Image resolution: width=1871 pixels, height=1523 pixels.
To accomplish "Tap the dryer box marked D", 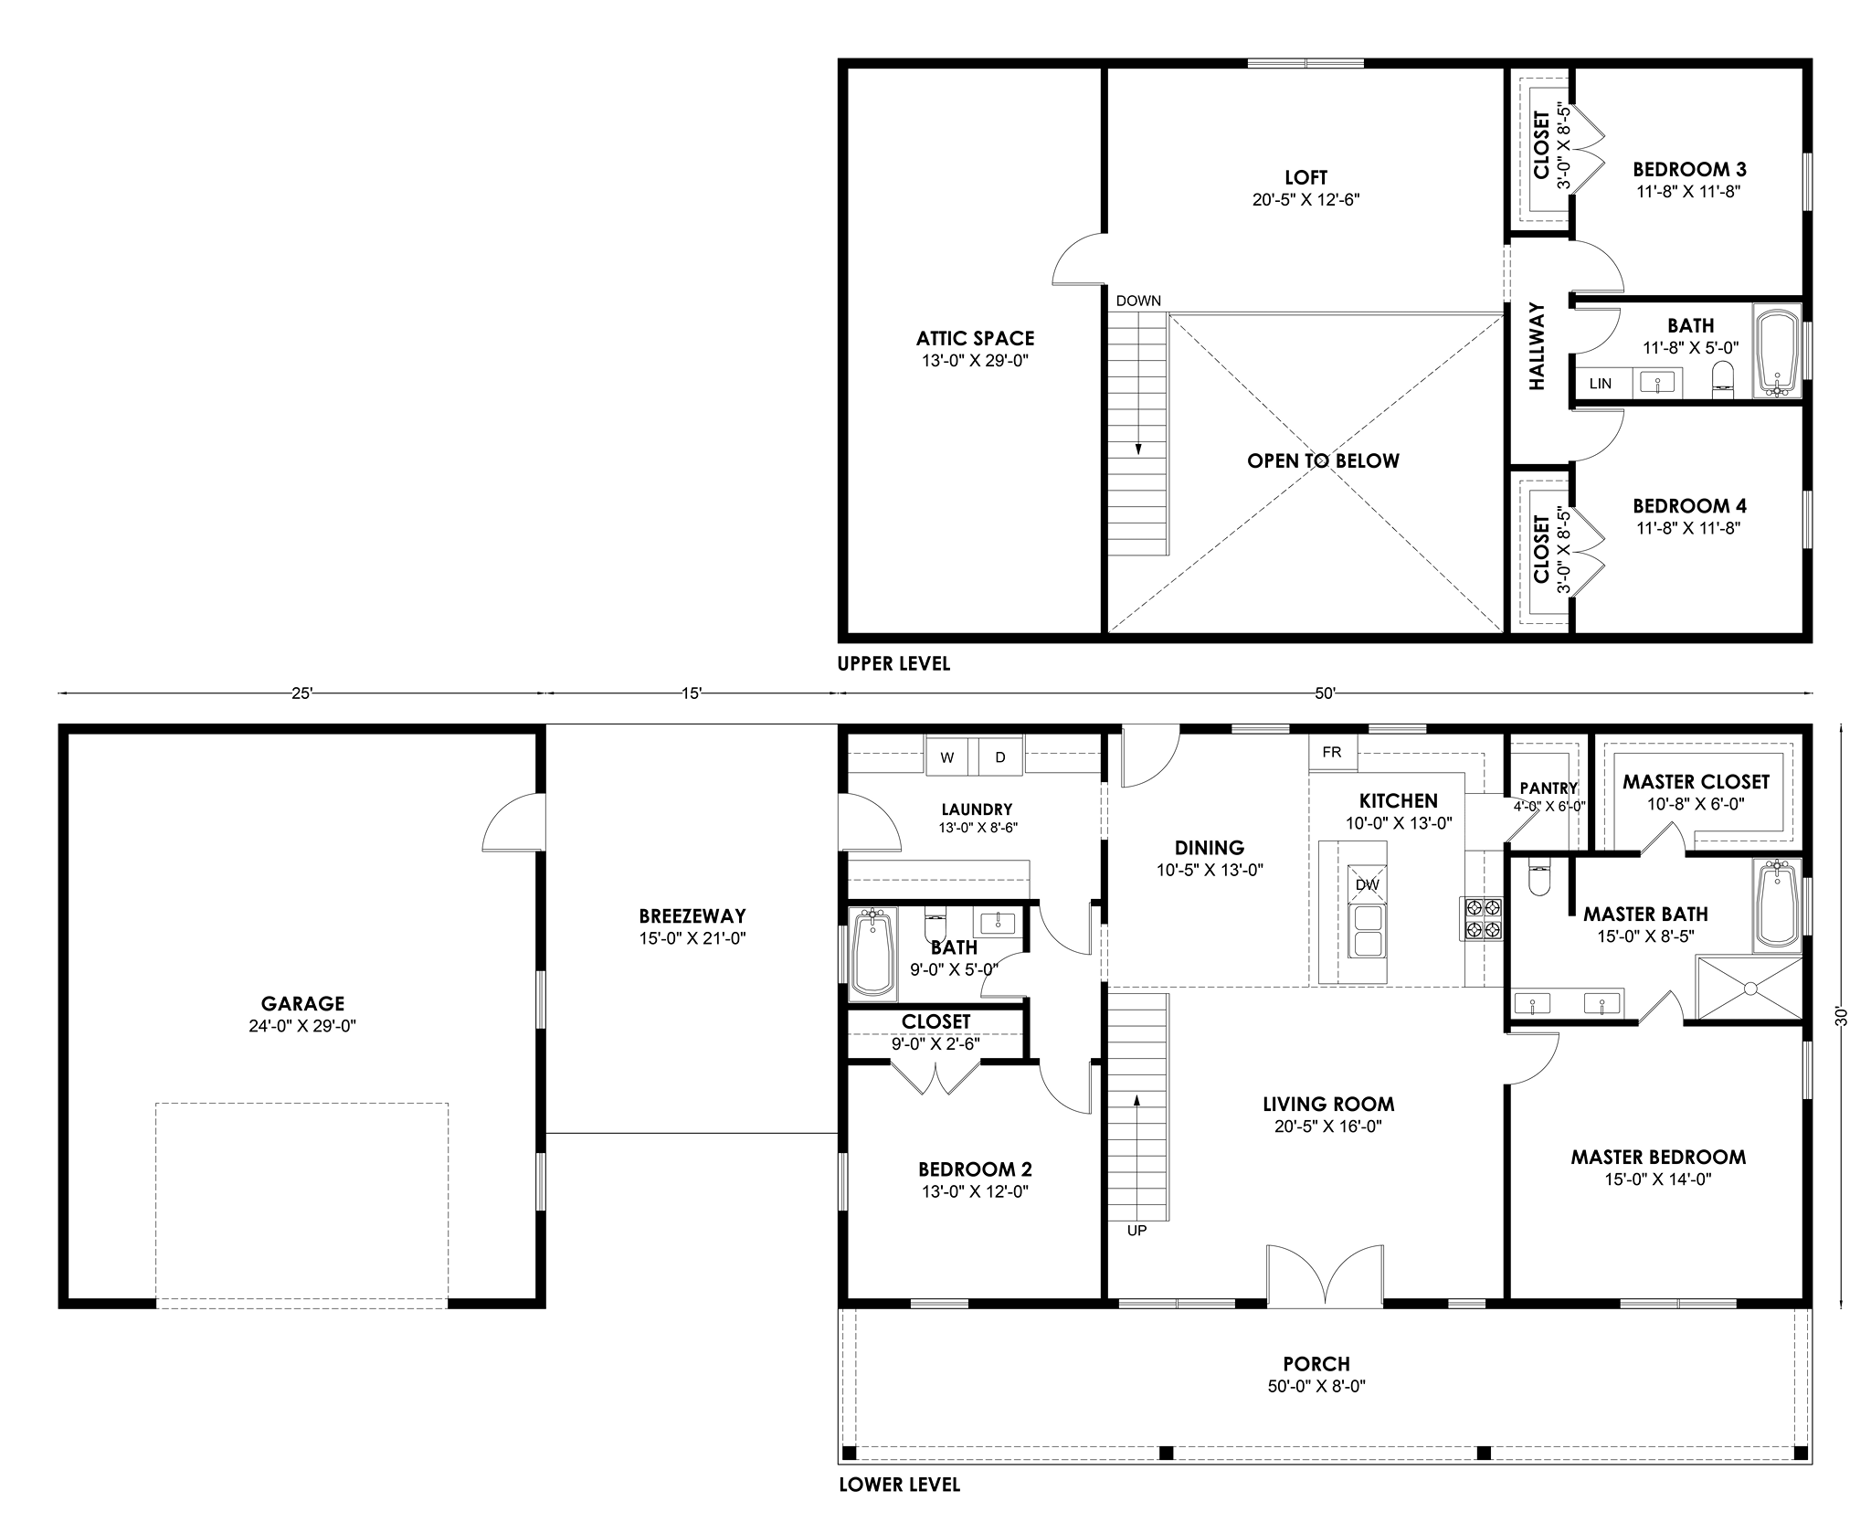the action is tap(1001, 756).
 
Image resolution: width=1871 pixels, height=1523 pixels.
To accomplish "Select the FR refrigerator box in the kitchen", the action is tap(1333, 752).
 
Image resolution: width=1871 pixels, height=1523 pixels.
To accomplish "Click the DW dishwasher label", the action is tap(1367, 884).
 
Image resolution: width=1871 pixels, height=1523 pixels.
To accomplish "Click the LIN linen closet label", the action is tap(1600, 384).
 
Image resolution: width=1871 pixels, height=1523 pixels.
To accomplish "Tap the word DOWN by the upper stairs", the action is tap(1138, 301).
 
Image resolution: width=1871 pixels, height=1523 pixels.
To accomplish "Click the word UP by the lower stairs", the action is tap(1136, 1231).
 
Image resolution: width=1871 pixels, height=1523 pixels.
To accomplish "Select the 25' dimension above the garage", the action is tap(302, 693).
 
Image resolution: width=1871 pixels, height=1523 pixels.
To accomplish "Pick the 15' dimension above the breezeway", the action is tap(692, 693).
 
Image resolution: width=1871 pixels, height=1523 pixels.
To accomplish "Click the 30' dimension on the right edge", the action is tap(1842, 1017).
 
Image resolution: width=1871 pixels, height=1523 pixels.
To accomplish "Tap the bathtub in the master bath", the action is tap(1777, 904).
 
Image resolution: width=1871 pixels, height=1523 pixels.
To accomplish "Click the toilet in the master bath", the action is tap(1538, 880).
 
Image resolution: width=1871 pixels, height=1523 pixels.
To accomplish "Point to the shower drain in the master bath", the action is tap(1749, 988).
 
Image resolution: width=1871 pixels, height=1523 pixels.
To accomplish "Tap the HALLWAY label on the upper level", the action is tap(1538, 346).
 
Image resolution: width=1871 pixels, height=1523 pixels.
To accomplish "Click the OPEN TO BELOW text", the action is tap(1323, 461).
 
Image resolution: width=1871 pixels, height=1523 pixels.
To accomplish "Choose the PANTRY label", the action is tap(1549, 788).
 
